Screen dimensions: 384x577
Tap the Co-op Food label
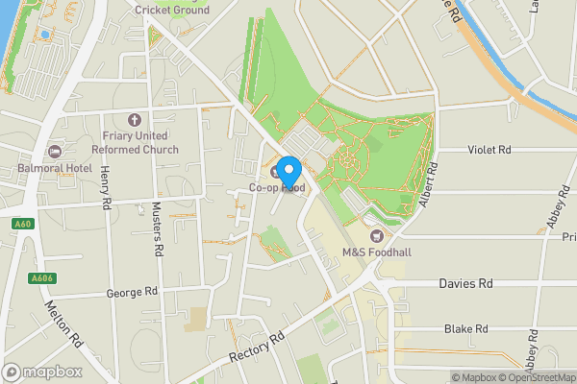(x=277, y=188)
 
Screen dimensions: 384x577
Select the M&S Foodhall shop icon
(x=376, y=235)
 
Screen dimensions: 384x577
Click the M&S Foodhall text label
(x=376, y=252)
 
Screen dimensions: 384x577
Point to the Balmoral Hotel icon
(x=55, y=152)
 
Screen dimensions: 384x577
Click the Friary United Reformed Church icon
(x=135, y=121)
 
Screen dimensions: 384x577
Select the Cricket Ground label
(x=172, y=10)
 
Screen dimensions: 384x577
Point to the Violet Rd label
(x=489, y=150)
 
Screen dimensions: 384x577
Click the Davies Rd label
(x=464, y=284)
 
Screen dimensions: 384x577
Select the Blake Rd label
(x=465, y=328)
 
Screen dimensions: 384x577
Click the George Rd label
(x=132, y=292)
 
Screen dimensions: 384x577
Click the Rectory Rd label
(x=258, y=348)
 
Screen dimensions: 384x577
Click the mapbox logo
(x=43, y=372)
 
